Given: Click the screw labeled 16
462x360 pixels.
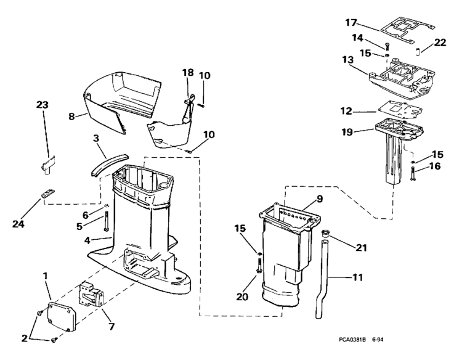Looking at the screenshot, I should (412, 174).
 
